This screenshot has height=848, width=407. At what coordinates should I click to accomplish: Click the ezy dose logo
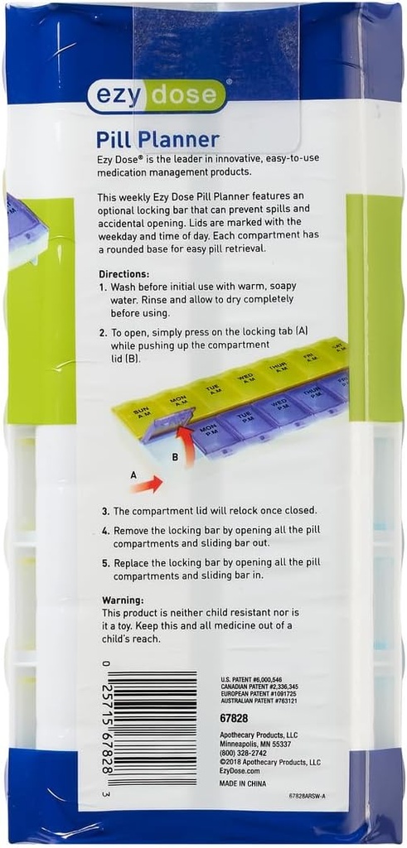157,95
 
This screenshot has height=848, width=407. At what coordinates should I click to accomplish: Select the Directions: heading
124,273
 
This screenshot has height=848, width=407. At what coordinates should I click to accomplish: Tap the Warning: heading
123,600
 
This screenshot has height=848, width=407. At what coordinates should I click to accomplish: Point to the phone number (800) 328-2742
248,753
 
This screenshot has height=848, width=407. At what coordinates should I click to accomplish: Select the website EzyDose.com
241,770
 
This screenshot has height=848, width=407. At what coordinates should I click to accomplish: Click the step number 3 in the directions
105,511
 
